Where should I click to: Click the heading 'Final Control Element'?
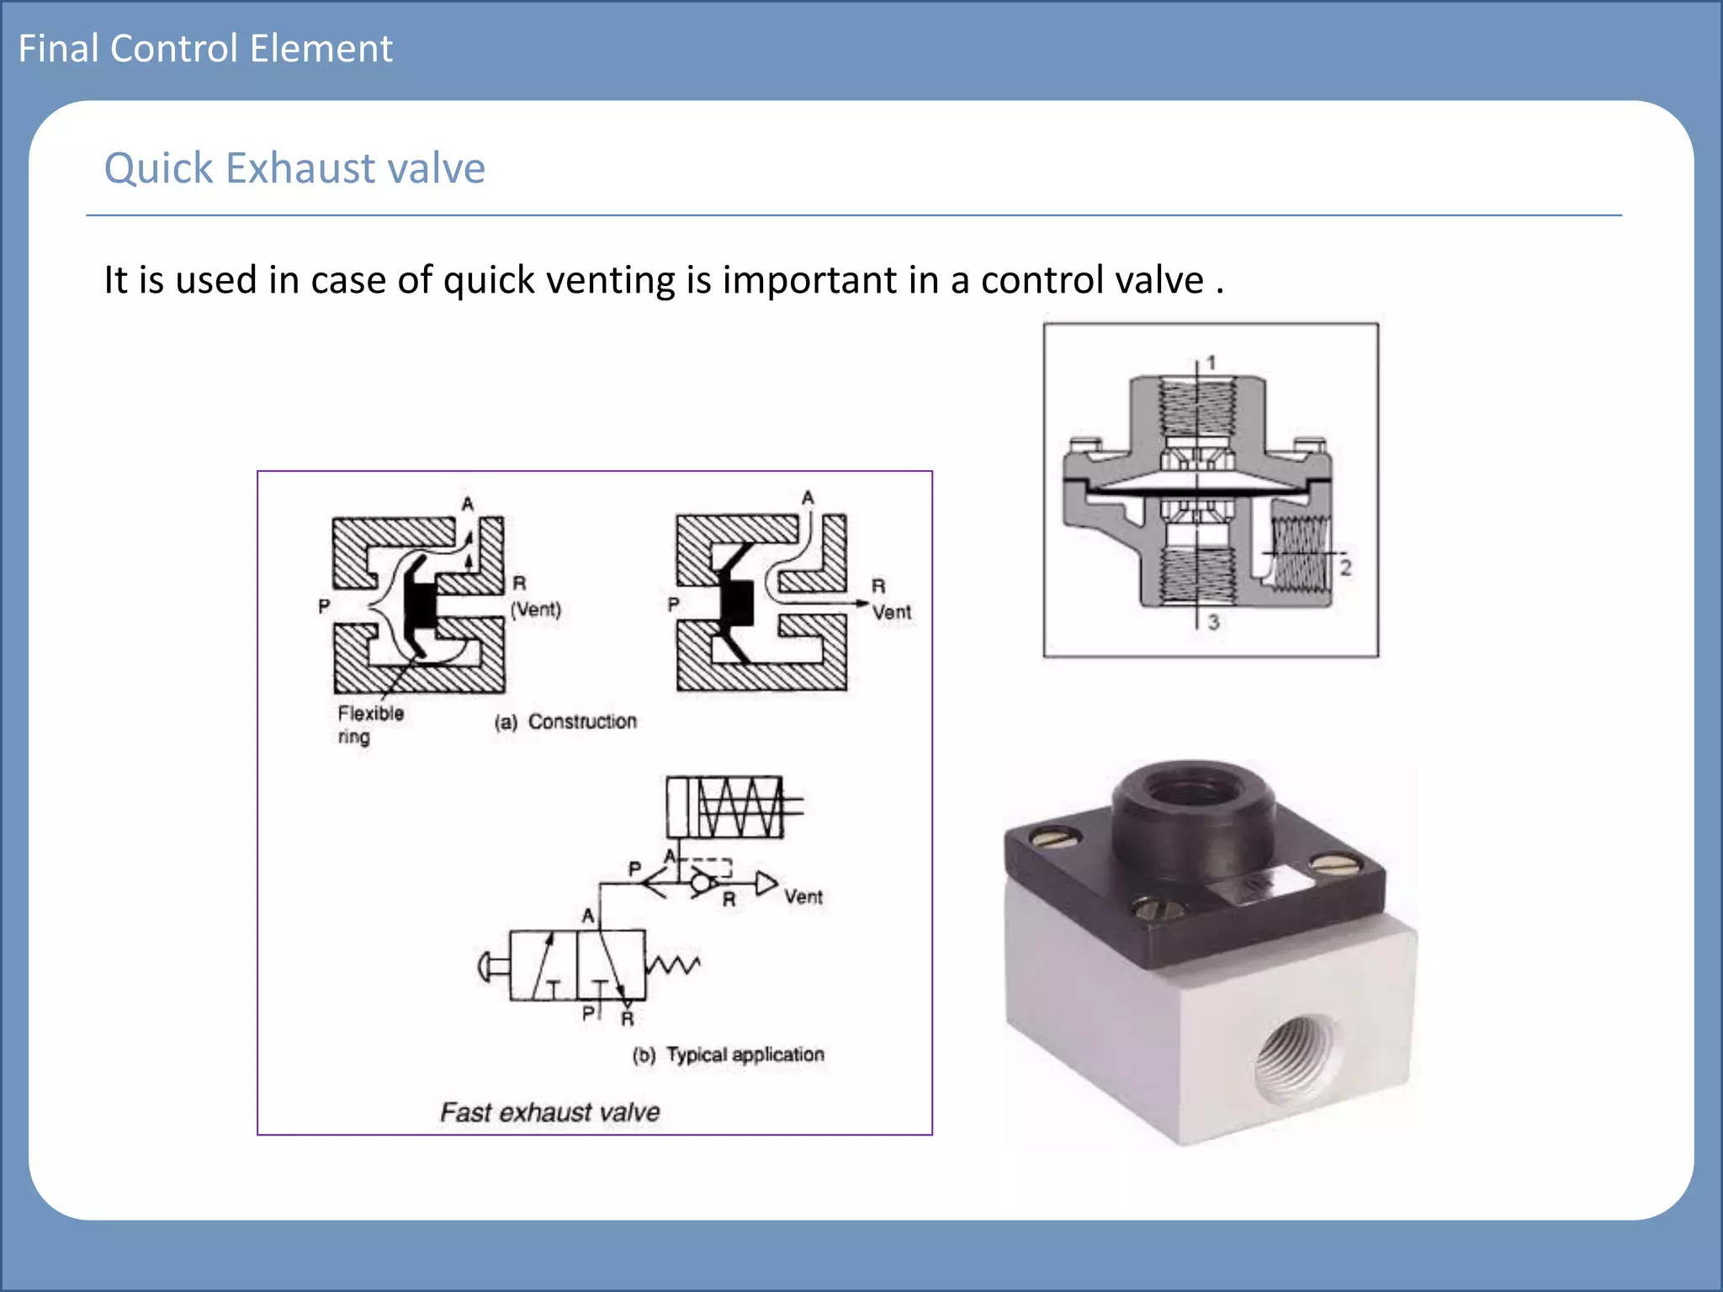[205, 49]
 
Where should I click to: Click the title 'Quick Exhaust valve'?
[294, 168]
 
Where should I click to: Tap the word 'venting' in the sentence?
[610, 280]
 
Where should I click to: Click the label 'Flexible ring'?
[370, 724]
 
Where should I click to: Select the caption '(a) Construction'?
[565, 722]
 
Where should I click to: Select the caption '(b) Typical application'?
[729, 1055]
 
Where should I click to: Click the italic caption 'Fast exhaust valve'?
[549, 1112]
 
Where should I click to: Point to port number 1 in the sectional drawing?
[1211, 363]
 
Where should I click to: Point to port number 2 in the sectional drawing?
[1345, 568]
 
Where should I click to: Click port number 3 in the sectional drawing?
[1213, 622]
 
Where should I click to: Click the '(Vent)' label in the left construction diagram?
[536, 609]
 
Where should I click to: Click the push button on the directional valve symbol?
[492, 966]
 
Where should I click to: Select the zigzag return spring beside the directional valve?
[673, 965]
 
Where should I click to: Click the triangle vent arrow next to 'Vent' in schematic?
[766, 883]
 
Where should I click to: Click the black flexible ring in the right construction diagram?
[735, 602]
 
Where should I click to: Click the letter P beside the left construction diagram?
[324, 606]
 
